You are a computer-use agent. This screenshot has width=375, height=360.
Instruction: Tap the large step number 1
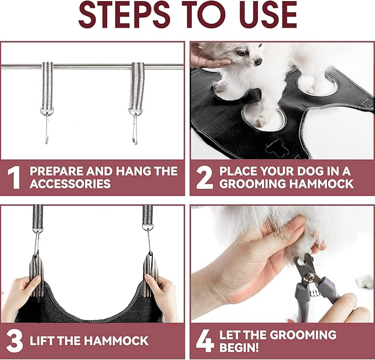click(x=15, y=177)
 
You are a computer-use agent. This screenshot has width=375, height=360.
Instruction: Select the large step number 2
click(x=204, y=177)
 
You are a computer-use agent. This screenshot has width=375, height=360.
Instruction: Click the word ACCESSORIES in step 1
click(x=71, y=184)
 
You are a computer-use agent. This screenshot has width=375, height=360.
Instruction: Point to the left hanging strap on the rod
click(x=47, y=83)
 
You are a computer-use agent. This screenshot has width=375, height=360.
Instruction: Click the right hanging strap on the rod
click(x=137, y=83)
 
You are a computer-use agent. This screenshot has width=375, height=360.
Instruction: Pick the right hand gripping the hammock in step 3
click(x=162, y=293)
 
